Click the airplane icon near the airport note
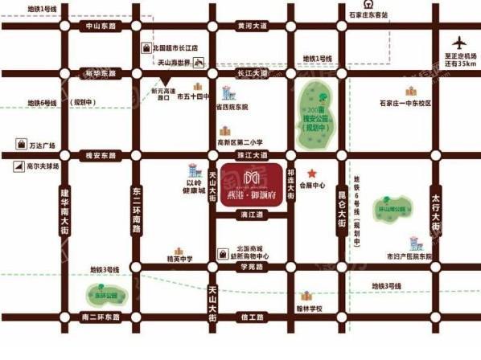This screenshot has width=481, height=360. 459,42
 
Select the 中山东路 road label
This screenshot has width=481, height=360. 101,26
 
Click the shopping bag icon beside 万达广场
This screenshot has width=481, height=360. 19,145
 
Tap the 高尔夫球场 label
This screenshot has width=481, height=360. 43,166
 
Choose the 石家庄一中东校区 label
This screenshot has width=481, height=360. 405,104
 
